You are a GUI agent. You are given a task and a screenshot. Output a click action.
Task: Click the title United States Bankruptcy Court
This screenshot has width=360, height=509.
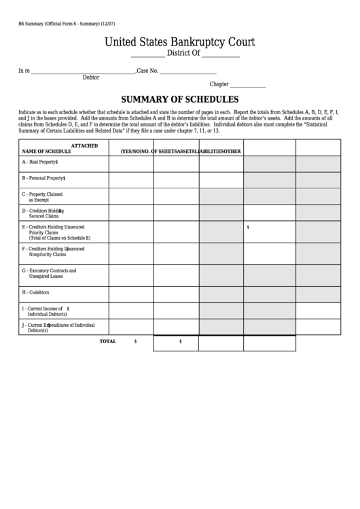179,42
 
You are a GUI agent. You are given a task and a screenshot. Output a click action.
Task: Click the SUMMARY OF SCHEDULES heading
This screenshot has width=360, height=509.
179,99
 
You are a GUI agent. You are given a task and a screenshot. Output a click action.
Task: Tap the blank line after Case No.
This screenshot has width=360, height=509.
188,71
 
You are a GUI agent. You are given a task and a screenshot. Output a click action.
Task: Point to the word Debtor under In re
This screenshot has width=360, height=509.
90,77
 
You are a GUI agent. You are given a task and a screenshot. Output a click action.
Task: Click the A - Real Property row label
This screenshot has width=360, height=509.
39,162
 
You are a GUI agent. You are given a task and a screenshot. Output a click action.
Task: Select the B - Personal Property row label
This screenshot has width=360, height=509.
43,178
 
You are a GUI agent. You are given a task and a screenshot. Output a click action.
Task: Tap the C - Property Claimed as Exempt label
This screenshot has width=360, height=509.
42,197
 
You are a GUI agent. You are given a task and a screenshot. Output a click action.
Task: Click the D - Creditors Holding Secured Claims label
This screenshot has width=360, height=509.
42,213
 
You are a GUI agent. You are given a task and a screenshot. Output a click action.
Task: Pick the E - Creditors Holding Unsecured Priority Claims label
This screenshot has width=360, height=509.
57,232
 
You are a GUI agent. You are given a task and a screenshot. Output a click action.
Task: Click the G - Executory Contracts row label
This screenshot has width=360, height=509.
49,274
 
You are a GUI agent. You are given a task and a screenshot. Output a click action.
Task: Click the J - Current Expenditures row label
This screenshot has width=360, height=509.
58,327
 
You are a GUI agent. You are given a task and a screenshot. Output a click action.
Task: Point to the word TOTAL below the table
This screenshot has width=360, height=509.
108,341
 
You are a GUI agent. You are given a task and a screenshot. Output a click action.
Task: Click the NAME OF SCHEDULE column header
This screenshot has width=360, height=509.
46,151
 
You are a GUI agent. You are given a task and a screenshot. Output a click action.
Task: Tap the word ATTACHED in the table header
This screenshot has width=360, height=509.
85,145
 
